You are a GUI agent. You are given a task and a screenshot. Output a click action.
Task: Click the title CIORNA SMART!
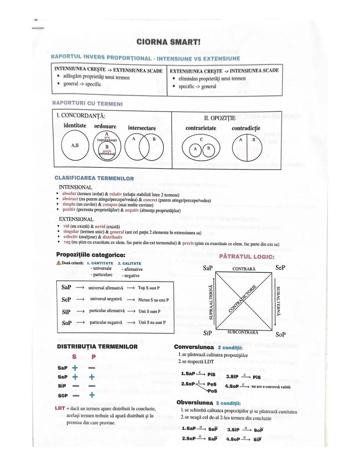coord(168,42)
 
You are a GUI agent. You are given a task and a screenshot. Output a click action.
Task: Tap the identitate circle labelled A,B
coord(75,146)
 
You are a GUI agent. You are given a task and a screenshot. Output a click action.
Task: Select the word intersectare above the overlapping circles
coord(142,128)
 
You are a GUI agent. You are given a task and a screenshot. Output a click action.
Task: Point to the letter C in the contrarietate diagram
coord(201,139)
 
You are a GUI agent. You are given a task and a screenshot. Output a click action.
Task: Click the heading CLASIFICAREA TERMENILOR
coord(94,178)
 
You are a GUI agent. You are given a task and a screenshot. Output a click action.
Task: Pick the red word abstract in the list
coord(70,199)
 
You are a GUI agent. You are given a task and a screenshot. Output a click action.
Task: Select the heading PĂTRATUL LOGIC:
coord(247,257)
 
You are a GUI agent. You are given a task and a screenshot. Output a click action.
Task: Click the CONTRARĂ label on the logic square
coord(244,269)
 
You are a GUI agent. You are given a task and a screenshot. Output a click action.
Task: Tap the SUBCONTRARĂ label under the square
coord(243,332)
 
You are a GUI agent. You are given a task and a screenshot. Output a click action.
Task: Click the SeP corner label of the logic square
coord(280,268)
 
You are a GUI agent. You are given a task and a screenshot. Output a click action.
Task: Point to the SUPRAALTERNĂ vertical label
coord(211,302)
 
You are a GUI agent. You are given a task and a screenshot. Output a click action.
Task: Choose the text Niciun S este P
coord(153,300)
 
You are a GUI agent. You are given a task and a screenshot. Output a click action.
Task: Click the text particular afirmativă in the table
coord(107,311)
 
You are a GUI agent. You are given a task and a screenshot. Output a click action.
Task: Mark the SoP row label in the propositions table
coord(67,323)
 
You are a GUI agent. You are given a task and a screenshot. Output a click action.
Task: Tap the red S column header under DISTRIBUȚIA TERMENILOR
coord(74,357)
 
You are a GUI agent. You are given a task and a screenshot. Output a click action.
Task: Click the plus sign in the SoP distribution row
coord(92,395)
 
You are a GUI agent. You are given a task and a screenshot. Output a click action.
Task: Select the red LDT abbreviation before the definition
coord(60,408)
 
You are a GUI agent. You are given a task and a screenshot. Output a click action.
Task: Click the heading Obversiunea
coord(195,403)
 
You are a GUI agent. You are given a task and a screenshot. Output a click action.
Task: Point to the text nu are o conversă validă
coord(271,387)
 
